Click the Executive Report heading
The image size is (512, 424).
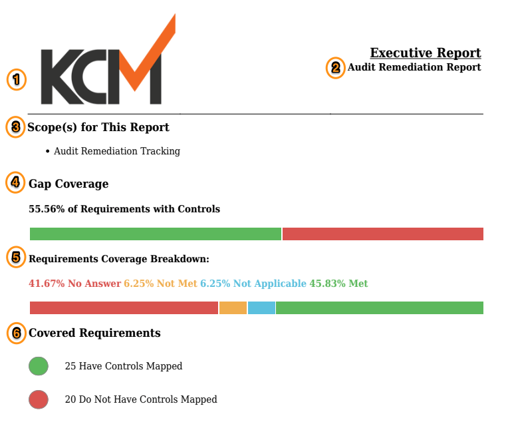coord(425,53)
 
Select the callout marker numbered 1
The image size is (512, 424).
coord(17,80)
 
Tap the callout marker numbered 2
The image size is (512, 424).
coord(335,68)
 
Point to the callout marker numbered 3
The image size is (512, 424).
coord(15,127)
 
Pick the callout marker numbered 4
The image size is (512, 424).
coord(15,183)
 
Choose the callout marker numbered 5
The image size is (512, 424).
coord(16,258)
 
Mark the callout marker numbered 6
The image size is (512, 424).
coord(16,333)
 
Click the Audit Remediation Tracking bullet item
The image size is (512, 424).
coord(117,151)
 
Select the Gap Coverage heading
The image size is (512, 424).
coord(68,184)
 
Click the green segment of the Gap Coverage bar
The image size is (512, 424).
coord(156,234)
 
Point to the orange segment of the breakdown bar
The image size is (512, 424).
coord(233,308)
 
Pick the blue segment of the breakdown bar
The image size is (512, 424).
coord(261,308)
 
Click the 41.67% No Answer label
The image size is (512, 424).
coord(74,284)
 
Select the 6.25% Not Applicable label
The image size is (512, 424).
coord(253,284)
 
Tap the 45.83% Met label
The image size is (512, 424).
coord(338,284)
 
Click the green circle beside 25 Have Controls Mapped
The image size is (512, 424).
coord(39,366)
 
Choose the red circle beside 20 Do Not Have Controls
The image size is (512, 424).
coord(39,399)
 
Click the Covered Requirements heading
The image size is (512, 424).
coord(94,333)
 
